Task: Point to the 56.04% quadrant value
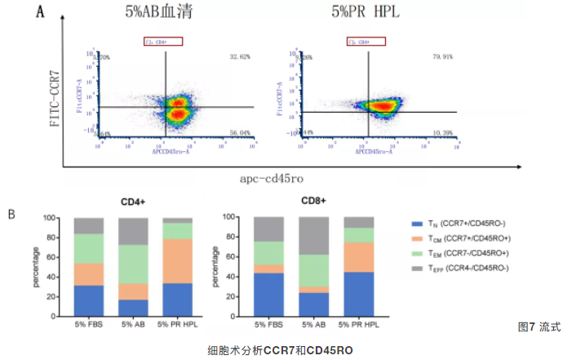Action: (240, 133)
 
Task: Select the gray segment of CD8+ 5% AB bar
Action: (314, 236)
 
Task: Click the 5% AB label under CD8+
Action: (314, 324)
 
